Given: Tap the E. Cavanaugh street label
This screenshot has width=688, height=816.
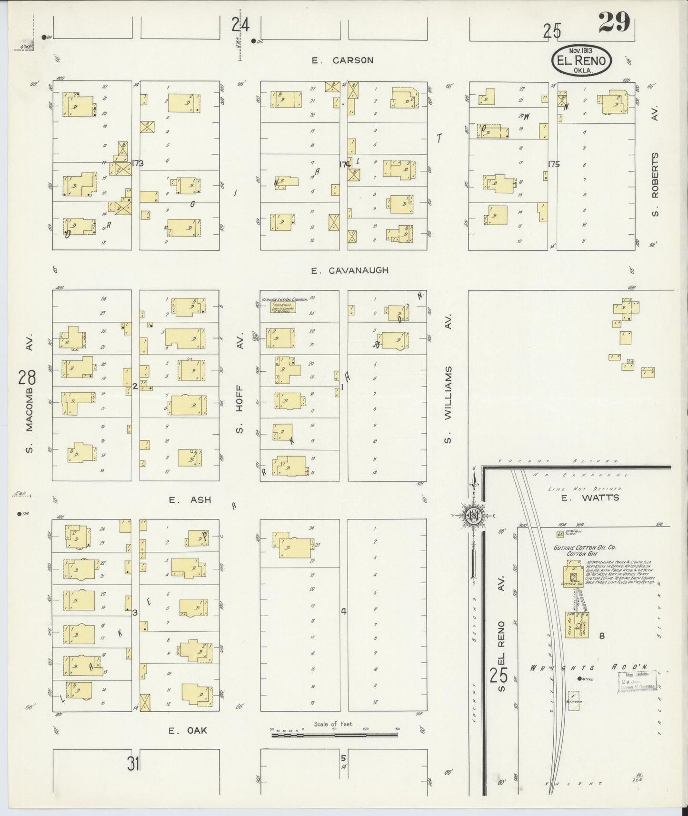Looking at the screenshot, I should tap(349, 270).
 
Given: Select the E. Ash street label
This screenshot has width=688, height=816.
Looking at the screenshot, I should tap(190, 500).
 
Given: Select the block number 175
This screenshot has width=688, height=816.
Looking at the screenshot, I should tap(553, 164).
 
